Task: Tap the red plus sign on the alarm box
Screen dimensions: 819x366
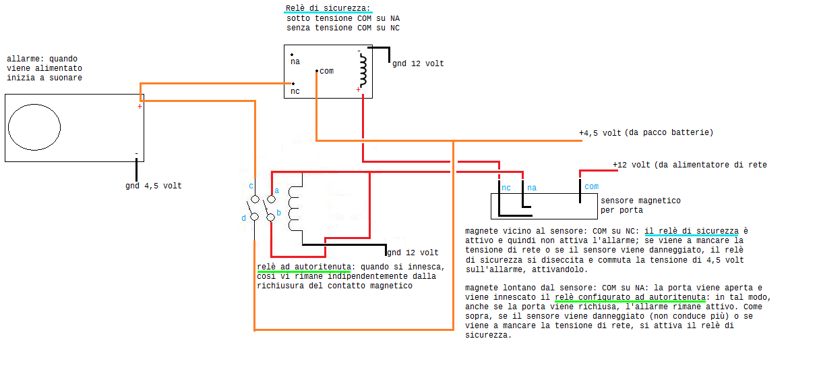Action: [x=140, y=107]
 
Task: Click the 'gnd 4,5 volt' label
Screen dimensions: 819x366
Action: [x=154, y=186]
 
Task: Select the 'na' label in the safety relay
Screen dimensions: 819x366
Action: [x=295, y=61]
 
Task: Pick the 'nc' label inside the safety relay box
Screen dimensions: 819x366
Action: [x=295, y=91]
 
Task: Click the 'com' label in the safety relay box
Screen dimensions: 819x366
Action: [x=326, y=71]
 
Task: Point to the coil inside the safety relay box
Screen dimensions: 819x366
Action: [x=363, y=70]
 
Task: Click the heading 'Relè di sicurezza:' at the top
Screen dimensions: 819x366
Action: [x=328, y=8]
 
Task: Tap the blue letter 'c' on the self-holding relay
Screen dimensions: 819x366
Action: [x=251, y=186]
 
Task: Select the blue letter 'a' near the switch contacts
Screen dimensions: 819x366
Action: [x=277, y=190]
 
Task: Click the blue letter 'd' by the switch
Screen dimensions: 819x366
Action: [x=243, y=218]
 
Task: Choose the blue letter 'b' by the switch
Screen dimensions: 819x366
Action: [x=278, y=213]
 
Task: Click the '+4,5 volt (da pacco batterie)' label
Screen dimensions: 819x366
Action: [x=646, y=132]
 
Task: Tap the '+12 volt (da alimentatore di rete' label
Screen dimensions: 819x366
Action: [x=690, y=165]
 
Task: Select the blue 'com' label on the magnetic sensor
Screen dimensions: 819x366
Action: [x=591, y=186]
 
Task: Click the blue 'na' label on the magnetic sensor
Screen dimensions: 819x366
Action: [x=532, y=188]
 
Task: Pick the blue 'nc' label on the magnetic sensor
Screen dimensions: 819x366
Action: [x=506, y=188]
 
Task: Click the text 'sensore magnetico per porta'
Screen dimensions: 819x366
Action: [x=640, y=205]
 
